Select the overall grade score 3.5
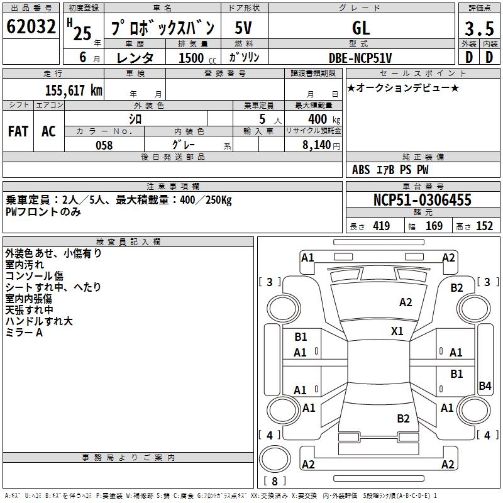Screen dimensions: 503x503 478,28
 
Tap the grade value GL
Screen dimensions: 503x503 360,28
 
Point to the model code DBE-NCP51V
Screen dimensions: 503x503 360,58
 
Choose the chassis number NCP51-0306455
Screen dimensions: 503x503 422,200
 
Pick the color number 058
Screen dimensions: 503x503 104,145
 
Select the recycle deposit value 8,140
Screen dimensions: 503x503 318,145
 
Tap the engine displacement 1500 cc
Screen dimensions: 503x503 192,58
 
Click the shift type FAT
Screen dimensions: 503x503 18,131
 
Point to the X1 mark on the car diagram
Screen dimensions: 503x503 397,331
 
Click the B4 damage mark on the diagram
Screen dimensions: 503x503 485,386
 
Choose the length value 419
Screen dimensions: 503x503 381,226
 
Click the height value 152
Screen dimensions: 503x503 484,226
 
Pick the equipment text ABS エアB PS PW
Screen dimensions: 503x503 390,170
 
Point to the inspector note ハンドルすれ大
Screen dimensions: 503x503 39,321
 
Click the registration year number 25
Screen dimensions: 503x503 82,33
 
